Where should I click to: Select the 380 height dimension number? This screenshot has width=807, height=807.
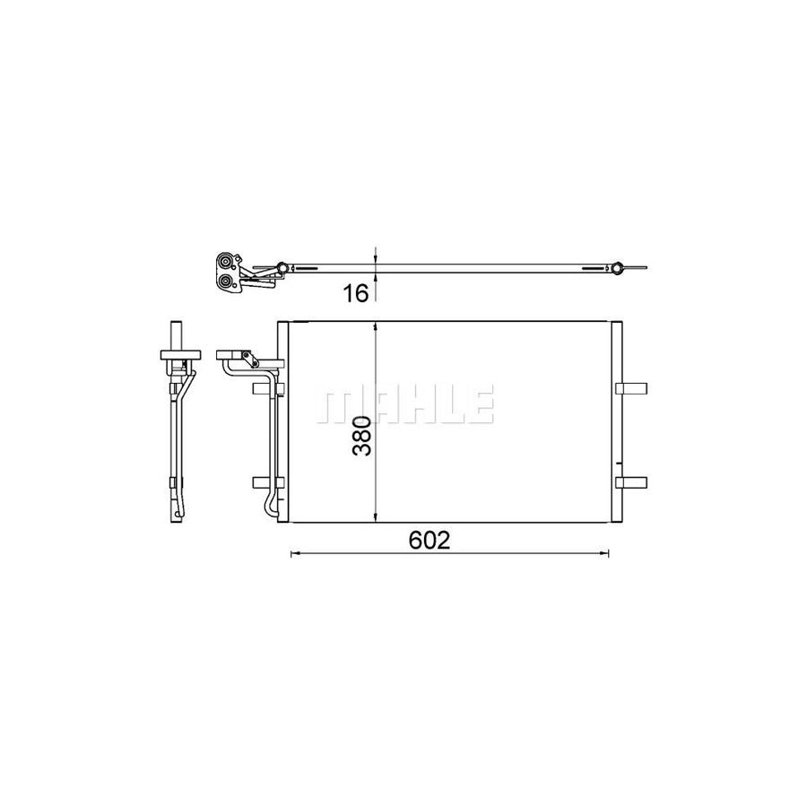[x=360, y=435]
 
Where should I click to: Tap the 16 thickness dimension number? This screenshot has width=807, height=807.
[x=356, y=292]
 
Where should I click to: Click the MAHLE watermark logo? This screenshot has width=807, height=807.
[x=403, y=406]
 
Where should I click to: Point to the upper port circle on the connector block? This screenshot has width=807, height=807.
[x=229, y=263]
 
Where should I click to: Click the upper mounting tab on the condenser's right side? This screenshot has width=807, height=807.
[x=631, y=387]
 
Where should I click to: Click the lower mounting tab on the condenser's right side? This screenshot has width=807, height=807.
[x=631, y=482]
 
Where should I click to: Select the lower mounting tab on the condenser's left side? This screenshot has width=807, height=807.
[x=267, y=482]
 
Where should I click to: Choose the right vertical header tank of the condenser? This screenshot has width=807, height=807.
[x=614, y=421]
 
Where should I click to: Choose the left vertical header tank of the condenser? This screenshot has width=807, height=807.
[x=282, y=421]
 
